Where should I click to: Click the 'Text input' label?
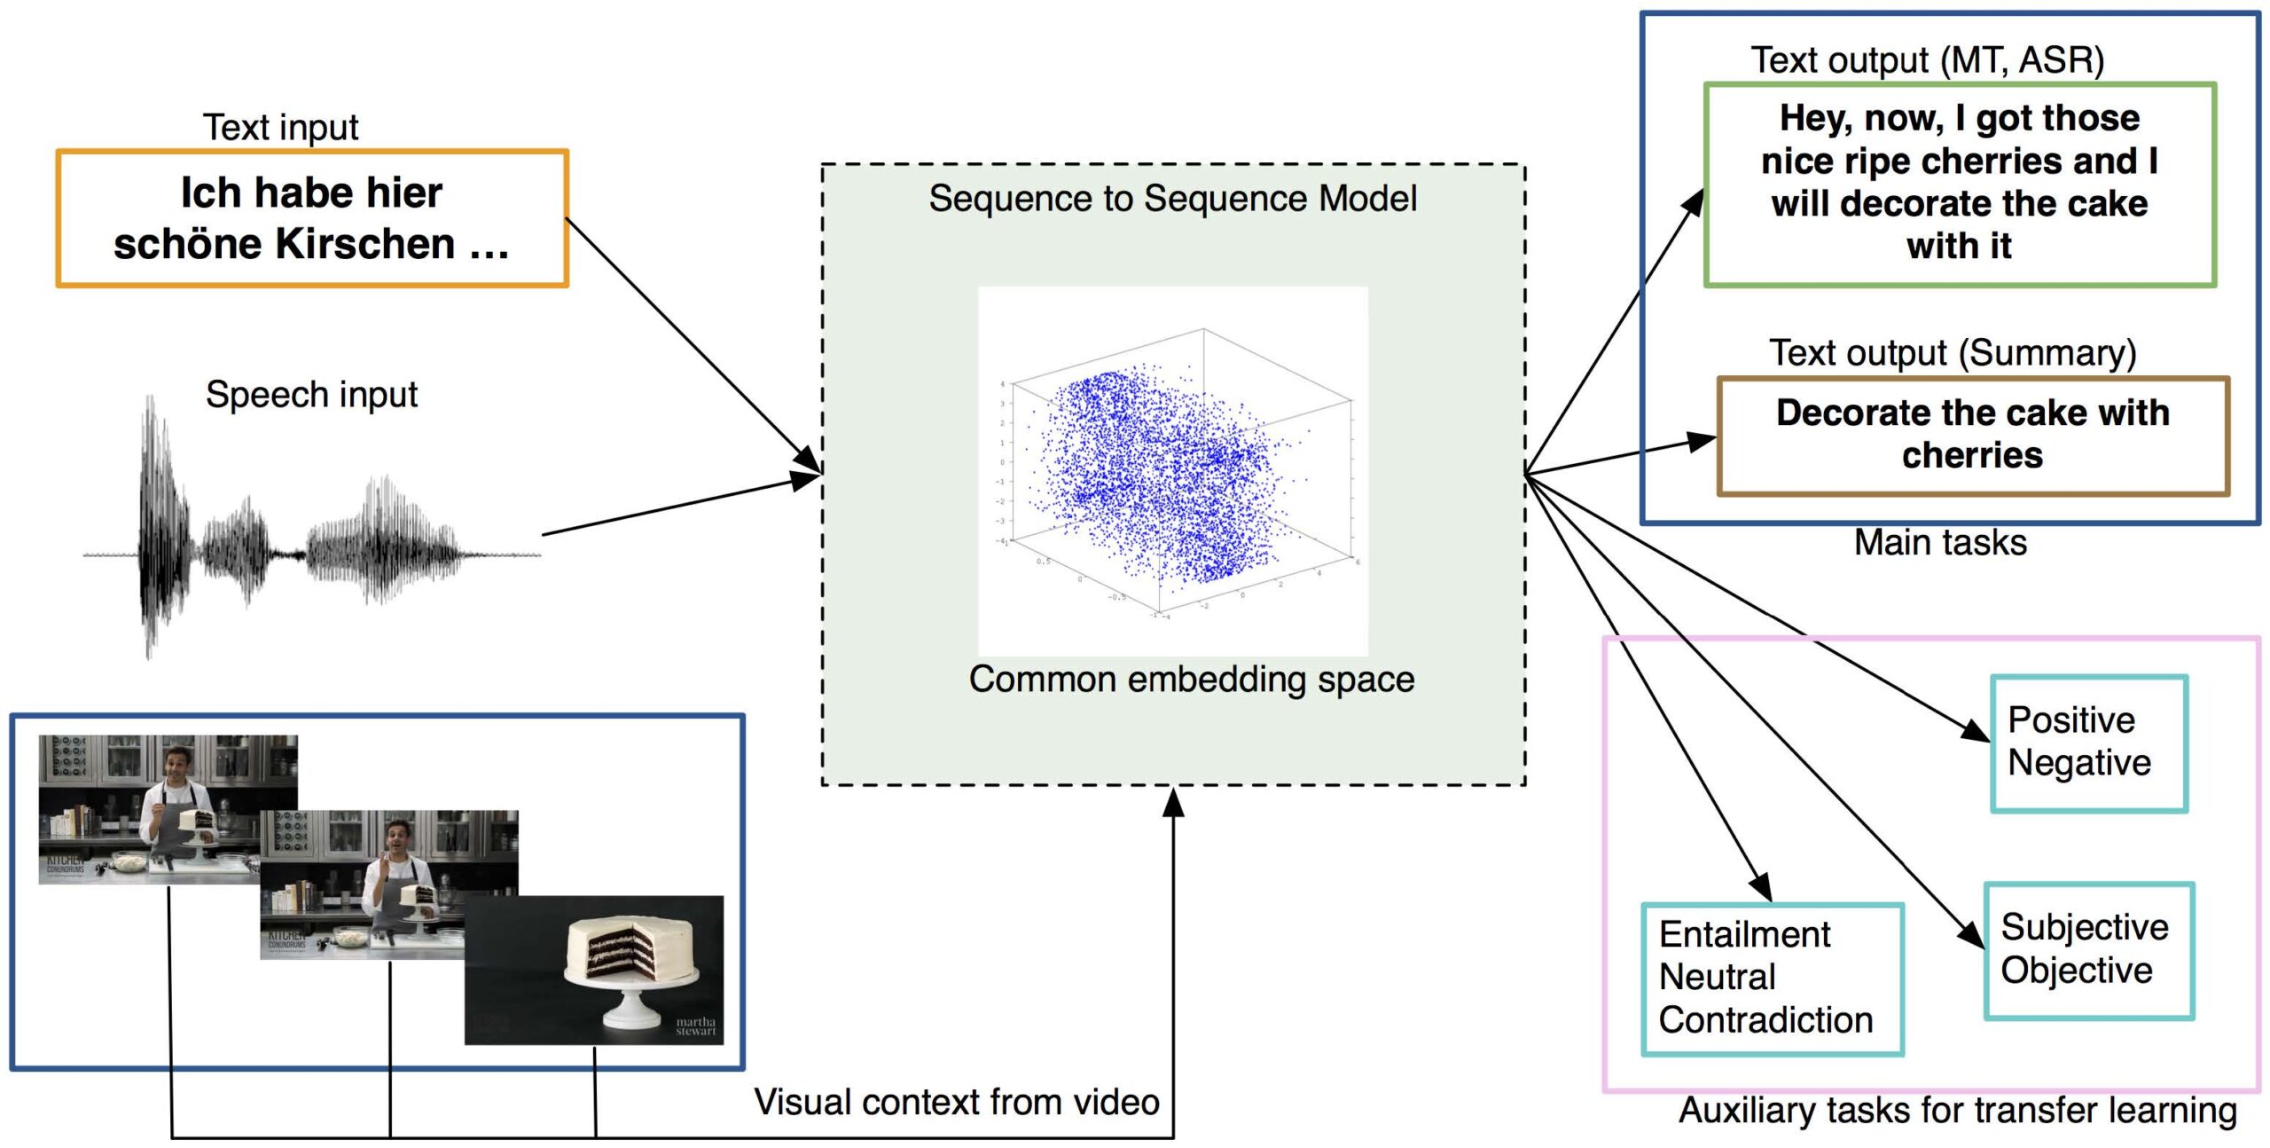pos(280,128)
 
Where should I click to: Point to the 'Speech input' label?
pos(311,395)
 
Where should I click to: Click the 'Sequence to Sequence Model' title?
pos(1172,199)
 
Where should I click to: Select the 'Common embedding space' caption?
pos(1191,680)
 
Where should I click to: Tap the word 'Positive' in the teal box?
pos(2071,720)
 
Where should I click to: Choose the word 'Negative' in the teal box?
pos(2079,763)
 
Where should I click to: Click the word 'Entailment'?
pos(1744,935)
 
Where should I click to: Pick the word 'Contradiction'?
pos(1765,1020)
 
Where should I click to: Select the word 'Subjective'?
pos(2085,927)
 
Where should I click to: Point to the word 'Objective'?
pos(2077,971)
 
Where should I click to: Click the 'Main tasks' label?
pos(1940,543)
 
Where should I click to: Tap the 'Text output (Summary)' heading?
pos(1953,353)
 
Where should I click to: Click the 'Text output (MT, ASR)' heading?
pos(1927,60)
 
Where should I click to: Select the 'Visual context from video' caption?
pos(956,1103)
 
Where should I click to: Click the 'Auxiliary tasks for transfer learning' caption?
pos(1957,1111)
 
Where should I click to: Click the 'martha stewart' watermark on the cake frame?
pos(695,1026)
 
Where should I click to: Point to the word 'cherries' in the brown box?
pos(1972,456)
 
